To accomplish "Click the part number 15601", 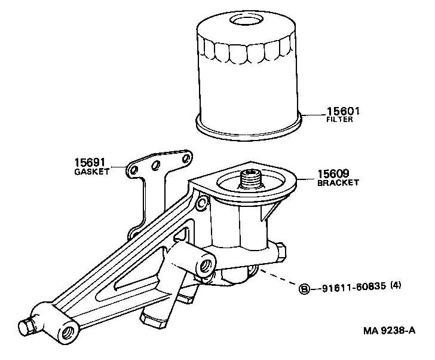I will [x=344, y=111].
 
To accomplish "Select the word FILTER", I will [x=339, y=120].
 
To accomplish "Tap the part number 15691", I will [x=90, y=162].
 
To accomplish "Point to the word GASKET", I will [x=91, y=171].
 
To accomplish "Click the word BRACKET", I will [x=338, y=182].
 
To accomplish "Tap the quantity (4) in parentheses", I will [x=396, y=287].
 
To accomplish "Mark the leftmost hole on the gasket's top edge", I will [x=134, y=170].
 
